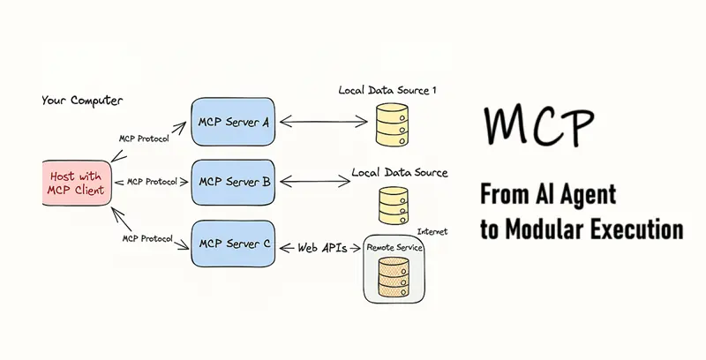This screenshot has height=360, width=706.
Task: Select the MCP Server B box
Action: point(233,182)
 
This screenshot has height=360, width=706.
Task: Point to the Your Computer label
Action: point(82,101)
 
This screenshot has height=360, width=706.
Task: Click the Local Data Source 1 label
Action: point(387,90)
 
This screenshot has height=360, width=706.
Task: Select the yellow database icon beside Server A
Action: point(390,126)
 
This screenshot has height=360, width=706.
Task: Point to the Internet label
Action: point(432,231)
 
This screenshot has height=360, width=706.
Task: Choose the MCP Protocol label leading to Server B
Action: point(154,183)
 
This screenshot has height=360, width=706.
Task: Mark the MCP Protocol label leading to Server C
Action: point(147,239)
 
